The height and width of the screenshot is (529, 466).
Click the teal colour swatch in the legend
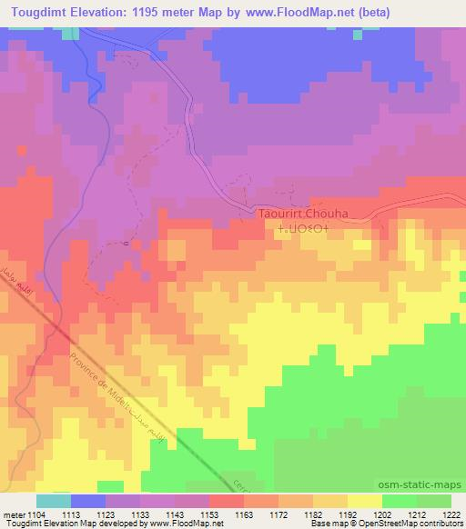tap(54, 501)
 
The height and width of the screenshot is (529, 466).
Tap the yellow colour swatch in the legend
tap(364, 501)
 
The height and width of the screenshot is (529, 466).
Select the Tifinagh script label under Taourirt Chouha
tap(302, 229)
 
